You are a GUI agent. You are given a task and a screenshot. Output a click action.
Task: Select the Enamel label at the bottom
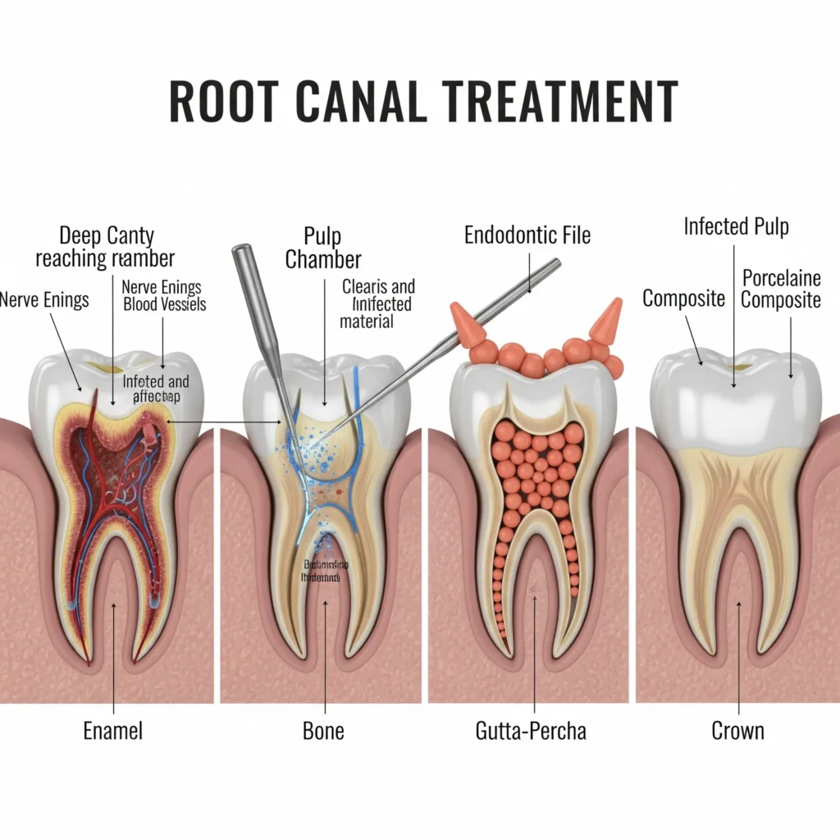click(113, 730)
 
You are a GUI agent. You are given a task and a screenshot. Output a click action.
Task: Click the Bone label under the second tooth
click(324, 730)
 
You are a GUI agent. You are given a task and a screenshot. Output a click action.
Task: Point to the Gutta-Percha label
click(532, 730)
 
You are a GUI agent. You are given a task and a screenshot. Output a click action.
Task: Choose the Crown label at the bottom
click(737, 730)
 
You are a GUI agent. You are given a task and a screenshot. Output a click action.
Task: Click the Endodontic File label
click(527, 235)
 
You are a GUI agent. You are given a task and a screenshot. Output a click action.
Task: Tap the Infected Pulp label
click(737, 226)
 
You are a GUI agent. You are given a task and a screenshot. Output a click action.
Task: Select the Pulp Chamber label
click(324, 249)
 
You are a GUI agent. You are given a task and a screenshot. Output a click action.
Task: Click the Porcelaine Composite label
click(781, 289)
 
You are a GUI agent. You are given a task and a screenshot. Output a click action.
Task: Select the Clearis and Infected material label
click(378, 304)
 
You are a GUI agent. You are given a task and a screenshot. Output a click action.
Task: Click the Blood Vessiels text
click(164, 304)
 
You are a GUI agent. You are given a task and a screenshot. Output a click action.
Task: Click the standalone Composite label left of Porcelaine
click(683, 299)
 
